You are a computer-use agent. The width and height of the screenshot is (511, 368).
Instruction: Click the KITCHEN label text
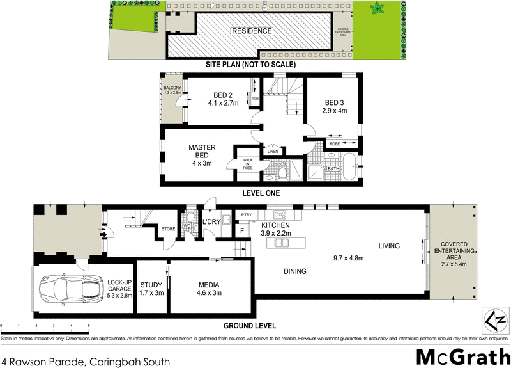click(x=275, y=226)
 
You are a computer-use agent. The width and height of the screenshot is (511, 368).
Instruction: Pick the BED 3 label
click(x=334, y=102)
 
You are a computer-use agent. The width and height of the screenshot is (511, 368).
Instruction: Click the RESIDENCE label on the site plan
click(x=252, y=31)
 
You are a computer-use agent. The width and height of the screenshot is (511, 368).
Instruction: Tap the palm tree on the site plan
click(x=377, y=9)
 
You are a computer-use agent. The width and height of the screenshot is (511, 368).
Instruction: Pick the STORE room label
click(x=169, y=228)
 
